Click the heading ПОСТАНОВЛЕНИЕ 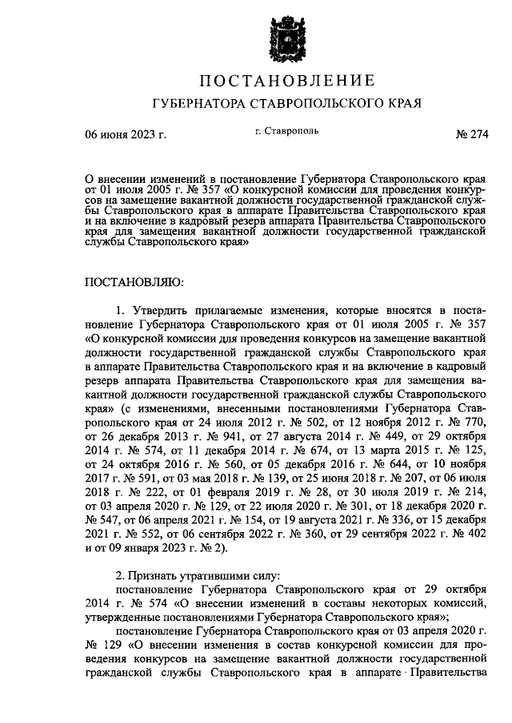click(286, 81)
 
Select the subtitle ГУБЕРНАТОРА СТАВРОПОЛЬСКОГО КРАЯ click(286, 104)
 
